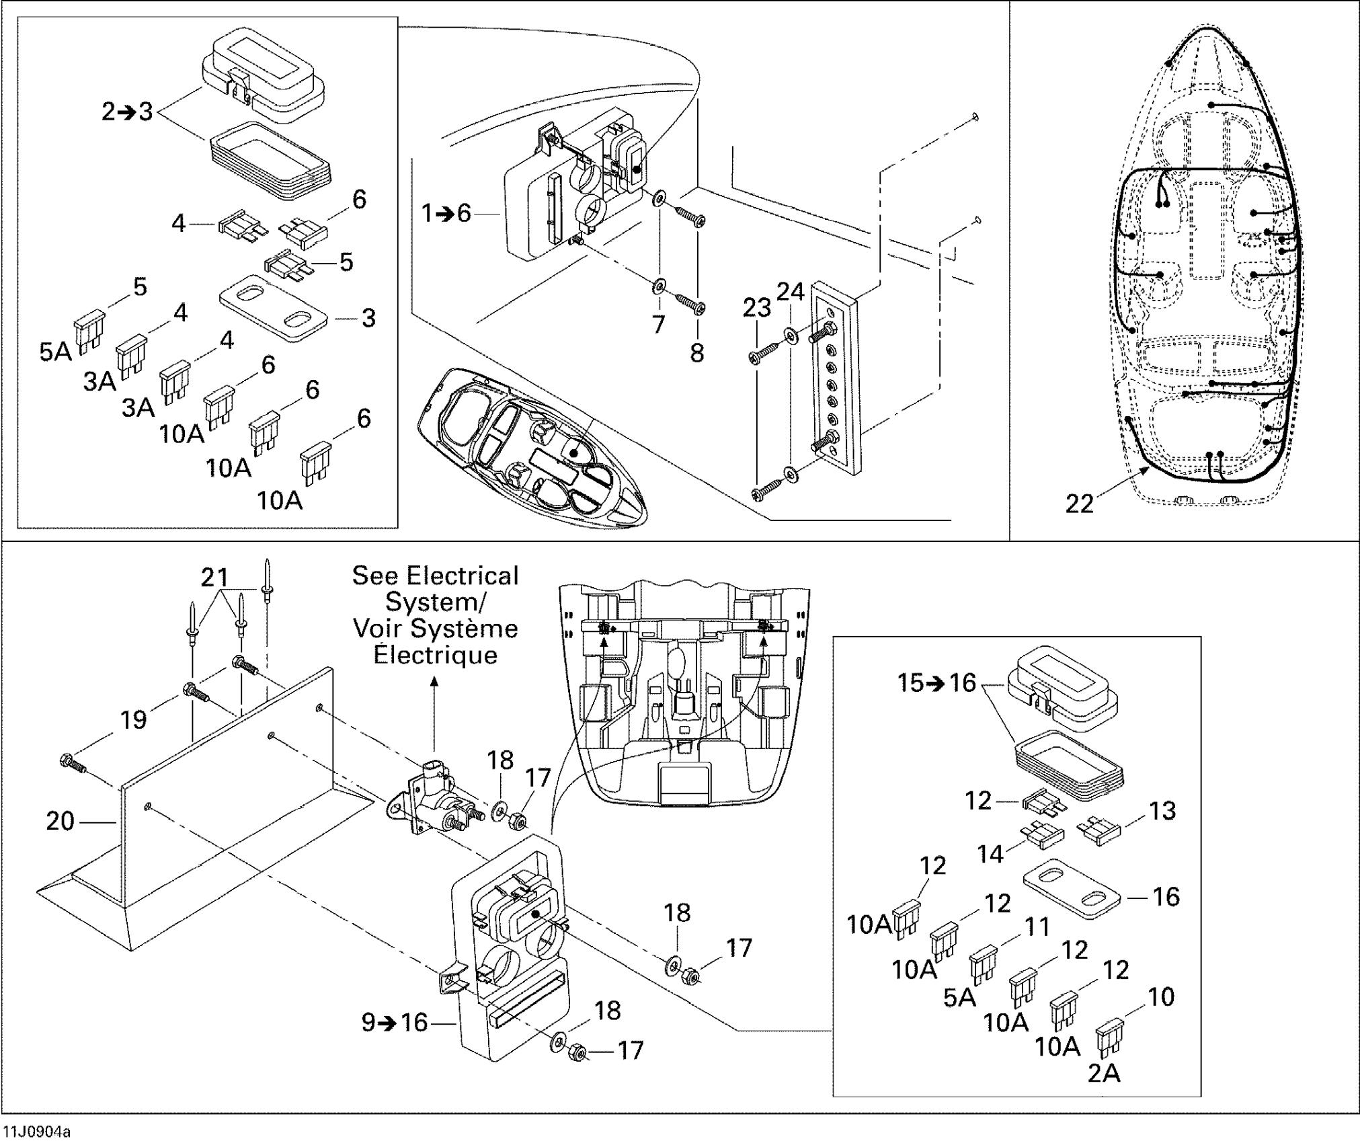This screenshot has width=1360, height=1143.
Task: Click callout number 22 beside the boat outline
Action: tap(1080, 504)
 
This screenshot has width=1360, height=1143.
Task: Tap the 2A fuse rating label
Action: tap(1104, 1074)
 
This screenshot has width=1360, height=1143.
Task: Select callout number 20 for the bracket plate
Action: tap(60, 821)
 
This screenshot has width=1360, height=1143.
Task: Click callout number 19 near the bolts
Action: tap(133, 719)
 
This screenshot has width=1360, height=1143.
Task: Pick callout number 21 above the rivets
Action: tap(215, 577)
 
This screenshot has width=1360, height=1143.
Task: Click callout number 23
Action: tap(756, 308)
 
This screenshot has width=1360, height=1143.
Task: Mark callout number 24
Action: tap(791, 291)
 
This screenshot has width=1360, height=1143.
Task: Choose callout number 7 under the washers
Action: tap(658, 325)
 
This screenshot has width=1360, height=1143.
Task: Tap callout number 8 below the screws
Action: tap(697, 352)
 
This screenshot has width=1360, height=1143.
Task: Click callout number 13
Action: tap(1162, 811)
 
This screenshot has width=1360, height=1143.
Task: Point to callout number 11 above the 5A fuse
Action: tap(1036, 927)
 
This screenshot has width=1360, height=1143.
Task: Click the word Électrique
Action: tap(435, 655)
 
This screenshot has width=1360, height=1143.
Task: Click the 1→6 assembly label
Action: tap(446, 214)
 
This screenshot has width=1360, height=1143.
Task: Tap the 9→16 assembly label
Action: tap(395, 1023)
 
